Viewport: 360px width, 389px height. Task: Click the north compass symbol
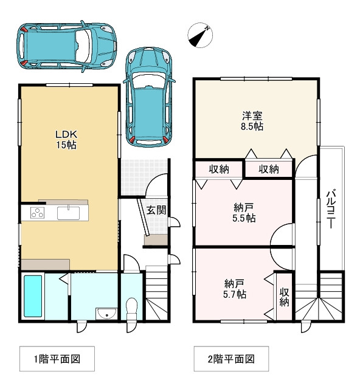200,35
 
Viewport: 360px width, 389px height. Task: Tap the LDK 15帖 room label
66,140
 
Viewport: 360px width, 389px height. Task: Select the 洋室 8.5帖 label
252,121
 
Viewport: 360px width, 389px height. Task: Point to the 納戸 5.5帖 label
244,213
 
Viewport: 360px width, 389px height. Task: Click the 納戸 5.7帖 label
235,289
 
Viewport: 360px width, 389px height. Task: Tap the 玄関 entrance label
156,210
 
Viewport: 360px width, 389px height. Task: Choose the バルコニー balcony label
331,209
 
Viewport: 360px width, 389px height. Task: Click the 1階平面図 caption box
57,359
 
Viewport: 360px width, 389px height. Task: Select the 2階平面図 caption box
231,359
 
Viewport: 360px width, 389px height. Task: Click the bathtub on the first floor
33,296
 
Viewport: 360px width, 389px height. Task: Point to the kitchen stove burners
38,213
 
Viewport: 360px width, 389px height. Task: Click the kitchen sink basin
68,213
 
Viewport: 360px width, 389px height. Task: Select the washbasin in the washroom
107,314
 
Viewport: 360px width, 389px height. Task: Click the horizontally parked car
67,46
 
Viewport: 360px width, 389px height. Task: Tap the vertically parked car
149,97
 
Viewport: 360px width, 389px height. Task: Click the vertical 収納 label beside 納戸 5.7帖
285,297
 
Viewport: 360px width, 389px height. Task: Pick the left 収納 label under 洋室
219,169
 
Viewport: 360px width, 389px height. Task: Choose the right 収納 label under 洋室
269,169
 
